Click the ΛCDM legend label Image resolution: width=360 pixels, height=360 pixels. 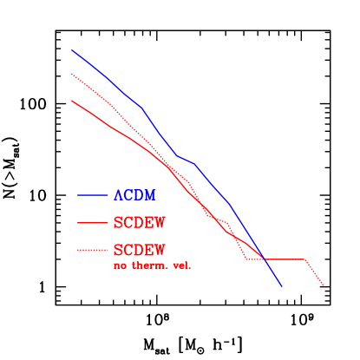pos(134,195)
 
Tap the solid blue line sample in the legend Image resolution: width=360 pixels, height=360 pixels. pos(92,195)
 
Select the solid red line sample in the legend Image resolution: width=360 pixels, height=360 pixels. pos(92,223)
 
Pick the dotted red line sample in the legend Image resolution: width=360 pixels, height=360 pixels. pos(92,251)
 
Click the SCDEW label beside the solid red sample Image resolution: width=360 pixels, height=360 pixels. pos(139,223)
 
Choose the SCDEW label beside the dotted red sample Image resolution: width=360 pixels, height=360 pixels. pos(139,250)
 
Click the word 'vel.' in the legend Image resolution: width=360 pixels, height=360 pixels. pos(181,265)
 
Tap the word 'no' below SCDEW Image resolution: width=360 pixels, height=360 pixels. pos(120,265)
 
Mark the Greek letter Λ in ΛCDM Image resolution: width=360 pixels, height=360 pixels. pos(118,195)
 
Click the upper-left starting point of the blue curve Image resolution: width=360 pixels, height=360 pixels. pos(72,49)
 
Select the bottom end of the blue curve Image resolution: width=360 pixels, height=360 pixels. pos(281,285)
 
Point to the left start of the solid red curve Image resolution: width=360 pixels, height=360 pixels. pos(72,101)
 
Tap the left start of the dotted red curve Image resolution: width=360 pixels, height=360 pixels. pos(72,75)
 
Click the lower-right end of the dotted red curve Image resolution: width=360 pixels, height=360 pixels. pos(324,285)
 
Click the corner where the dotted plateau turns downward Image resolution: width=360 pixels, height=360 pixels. pos(305,259)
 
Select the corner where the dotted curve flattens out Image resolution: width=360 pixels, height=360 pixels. pos(247,259)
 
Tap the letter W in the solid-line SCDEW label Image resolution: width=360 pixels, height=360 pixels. pos(159,223)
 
